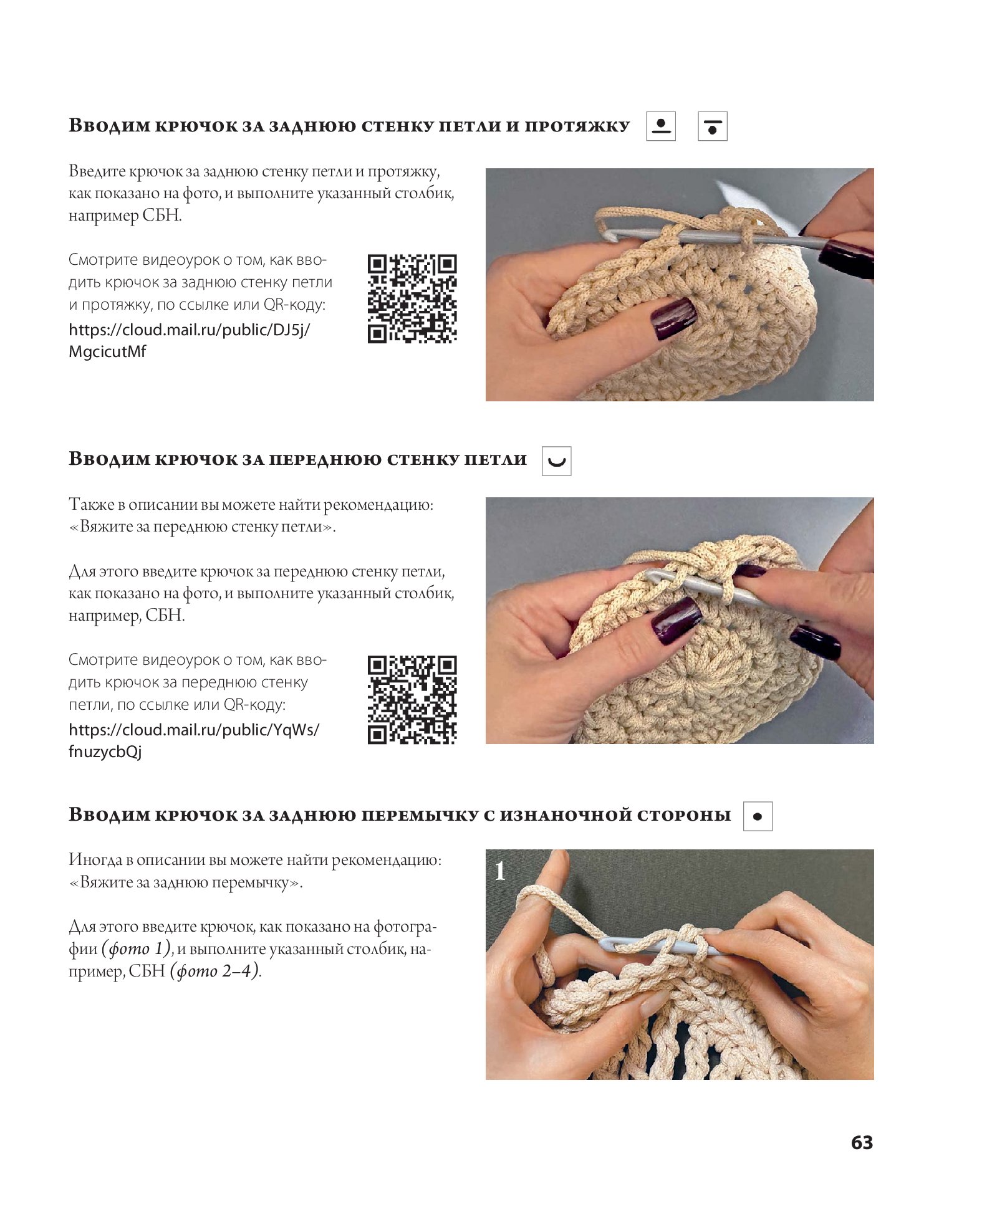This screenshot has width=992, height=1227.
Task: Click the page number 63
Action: pos(862,1142)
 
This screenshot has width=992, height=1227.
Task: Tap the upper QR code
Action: pos(412,298)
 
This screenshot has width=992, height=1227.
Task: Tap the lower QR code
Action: pos(412,699)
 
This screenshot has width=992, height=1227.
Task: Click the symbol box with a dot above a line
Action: pos(661,126)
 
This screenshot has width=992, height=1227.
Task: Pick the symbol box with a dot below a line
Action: pos(713,126)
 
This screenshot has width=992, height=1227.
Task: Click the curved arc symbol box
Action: pos(557,461)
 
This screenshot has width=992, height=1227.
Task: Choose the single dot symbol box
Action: pos(758,816)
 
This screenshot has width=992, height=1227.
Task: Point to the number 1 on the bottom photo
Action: pos(499,871)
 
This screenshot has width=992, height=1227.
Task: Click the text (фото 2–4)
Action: pos(215,971)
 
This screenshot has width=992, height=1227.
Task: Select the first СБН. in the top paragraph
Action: pos(162,216)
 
